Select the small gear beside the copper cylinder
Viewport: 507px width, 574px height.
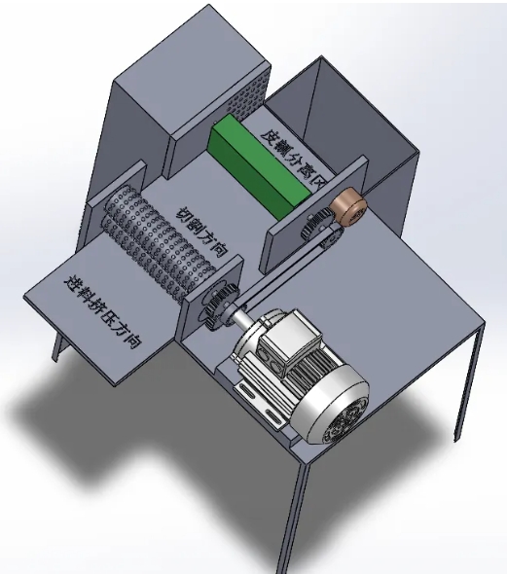click(x=316, y=226)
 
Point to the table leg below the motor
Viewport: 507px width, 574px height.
click(x=298, y=506)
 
